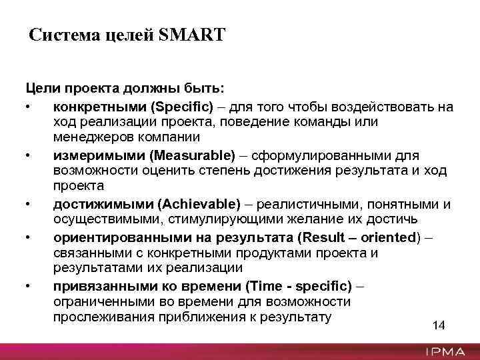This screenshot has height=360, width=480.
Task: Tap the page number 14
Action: [439, 325]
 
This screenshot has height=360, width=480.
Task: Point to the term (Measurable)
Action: [193, 155]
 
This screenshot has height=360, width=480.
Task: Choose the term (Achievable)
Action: [197, 204]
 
